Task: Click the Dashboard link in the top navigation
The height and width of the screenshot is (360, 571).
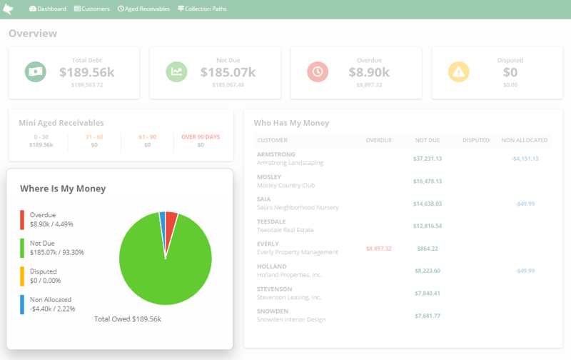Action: click(48, 9)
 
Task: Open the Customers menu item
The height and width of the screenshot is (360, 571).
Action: click(92, 9)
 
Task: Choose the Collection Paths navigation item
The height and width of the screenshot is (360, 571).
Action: click(203, 9)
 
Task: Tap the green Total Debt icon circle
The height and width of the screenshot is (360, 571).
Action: click(35, 71)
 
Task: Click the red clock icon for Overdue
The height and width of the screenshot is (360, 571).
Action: click(318, 71)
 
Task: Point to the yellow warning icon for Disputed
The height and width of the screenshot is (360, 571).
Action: click(458, 71)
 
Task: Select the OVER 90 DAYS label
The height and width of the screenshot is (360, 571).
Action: click(201, 136)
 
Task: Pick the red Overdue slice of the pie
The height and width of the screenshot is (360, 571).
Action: click(171, 219)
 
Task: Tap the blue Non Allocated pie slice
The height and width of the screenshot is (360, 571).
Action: click(163, 218)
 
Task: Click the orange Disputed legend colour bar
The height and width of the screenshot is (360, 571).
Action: click(22, 276)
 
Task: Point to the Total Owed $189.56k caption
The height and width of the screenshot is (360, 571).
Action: click(128, 319)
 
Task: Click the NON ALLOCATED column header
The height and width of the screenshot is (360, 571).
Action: click(525, 140)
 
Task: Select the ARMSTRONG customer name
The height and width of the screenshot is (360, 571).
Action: click(276, 154)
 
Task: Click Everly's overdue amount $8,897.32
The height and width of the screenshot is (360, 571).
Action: click(378, 249)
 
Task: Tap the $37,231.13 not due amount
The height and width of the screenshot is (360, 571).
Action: click(428, 159)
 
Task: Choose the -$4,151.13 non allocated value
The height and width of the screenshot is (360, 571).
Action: click(525, 159)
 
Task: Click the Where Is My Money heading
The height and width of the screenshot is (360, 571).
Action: click(63, 189)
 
